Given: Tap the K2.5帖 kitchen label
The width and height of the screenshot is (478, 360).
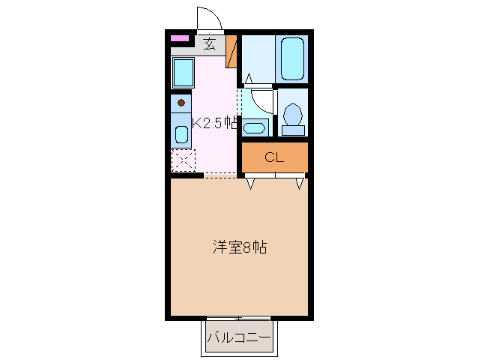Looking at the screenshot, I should pyautogui.click(x=215, y=124).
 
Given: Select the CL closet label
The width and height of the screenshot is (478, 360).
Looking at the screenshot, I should pyautogui.click(x=274, y=157).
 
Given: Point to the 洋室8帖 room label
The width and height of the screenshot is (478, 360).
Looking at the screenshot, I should pyautogui.click(x=240, y=247).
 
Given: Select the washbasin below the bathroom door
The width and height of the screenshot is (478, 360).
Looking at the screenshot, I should pyautogui.click(x=255, y=127).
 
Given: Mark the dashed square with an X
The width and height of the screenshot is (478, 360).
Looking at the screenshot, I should pyautogui.click(x=183, y=160).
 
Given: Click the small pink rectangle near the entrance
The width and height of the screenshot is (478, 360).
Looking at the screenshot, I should pyautogui.click(x=179, y=38).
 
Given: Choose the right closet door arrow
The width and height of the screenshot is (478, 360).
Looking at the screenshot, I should pyautogui.click(x=300, y=183).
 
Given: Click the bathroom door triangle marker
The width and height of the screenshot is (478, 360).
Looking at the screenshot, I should pyautogui.click(x=248, y=77).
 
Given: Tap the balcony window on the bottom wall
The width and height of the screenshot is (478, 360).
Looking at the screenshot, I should pyautogui.click(x=240, y=318).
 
